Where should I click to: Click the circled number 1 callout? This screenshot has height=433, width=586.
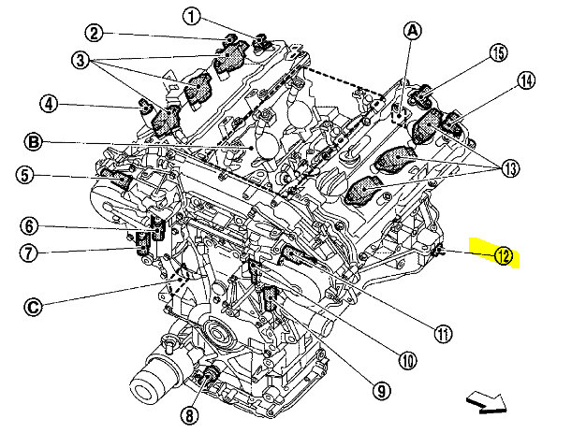(190, 16)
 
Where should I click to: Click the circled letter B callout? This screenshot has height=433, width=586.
(33, 143)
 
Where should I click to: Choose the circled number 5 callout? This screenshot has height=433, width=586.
(25, 175)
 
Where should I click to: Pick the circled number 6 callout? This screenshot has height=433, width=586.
(30, 225)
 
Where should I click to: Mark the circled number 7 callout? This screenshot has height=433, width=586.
(30, 251)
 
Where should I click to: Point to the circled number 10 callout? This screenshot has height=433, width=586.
(407, 356)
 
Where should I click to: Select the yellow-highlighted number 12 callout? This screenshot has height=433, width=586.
(504, 255)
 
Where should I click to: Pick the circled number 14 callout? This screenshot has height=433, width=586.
(526, 81)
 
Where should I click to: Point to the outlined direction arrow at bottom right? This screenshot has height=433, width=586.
(487, 402)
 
